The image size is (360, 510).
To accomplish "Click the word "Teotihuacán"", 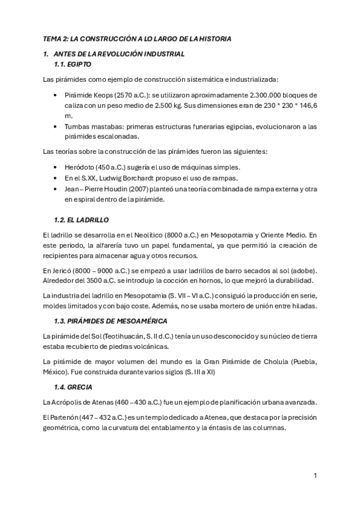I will tap(120, 335).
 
